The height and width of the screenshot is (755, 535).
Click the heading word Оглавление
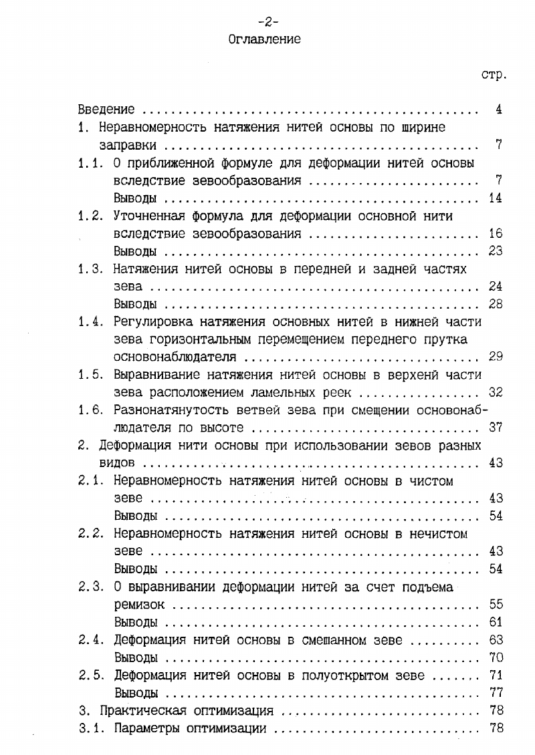tap(264, 39)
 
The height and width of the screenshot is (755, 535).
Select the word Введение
tap(106, 110)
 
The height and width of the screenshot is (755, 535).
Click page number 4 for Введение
tap(499, 110)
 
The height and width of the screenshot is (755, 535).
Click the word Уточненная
tap(149, 216)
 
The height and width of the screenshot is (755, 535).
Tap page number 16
tap(496, 234)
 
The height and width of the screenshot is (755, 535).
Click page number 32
tap(496, 392)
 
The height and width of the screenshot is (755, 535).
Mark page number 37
tap(496, 427)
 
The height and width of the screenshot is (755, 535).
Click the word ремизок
tap(139, 605)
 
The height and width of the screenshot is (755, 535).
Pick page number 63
tap(496, 640)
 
